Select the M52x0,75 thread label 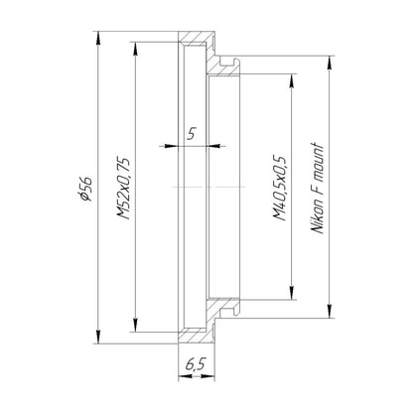click(123, 188)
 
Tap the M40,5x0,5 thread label click(279, 187)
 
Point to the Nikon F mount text click(318, 189)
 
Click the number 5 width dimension click(192, 134)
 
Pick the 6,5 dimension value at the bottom click(196, 364)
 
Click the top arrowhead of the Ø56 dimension click(97, 38)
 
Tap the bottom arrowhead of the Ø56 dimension click(97, 337)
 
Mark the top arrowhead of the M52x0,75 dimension click(135, 49)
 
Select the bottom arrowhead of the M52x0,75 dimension click(135, 325)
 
